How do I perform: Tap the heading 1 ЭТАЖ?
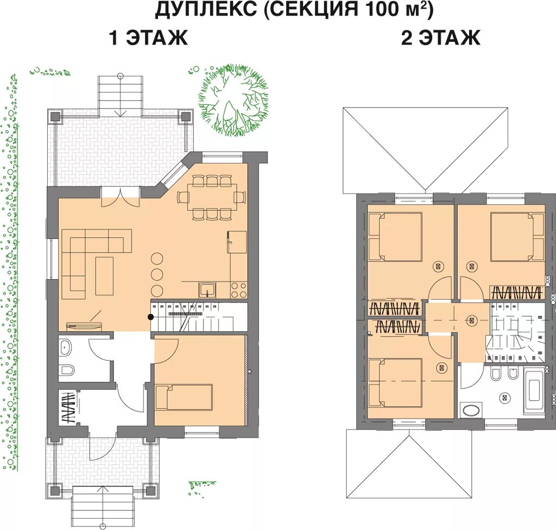[x=148, y=38]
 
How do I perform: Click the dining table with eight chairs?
[x=212, y=197]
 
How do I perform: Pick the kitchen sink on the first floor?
[x=207, y=289]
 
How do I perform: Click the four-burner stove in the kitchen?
[x=239, y=289]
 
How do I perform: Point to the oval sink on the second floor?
[x=470, y=409]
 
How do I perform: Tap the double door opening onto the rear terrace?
[x=120, y=195]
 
